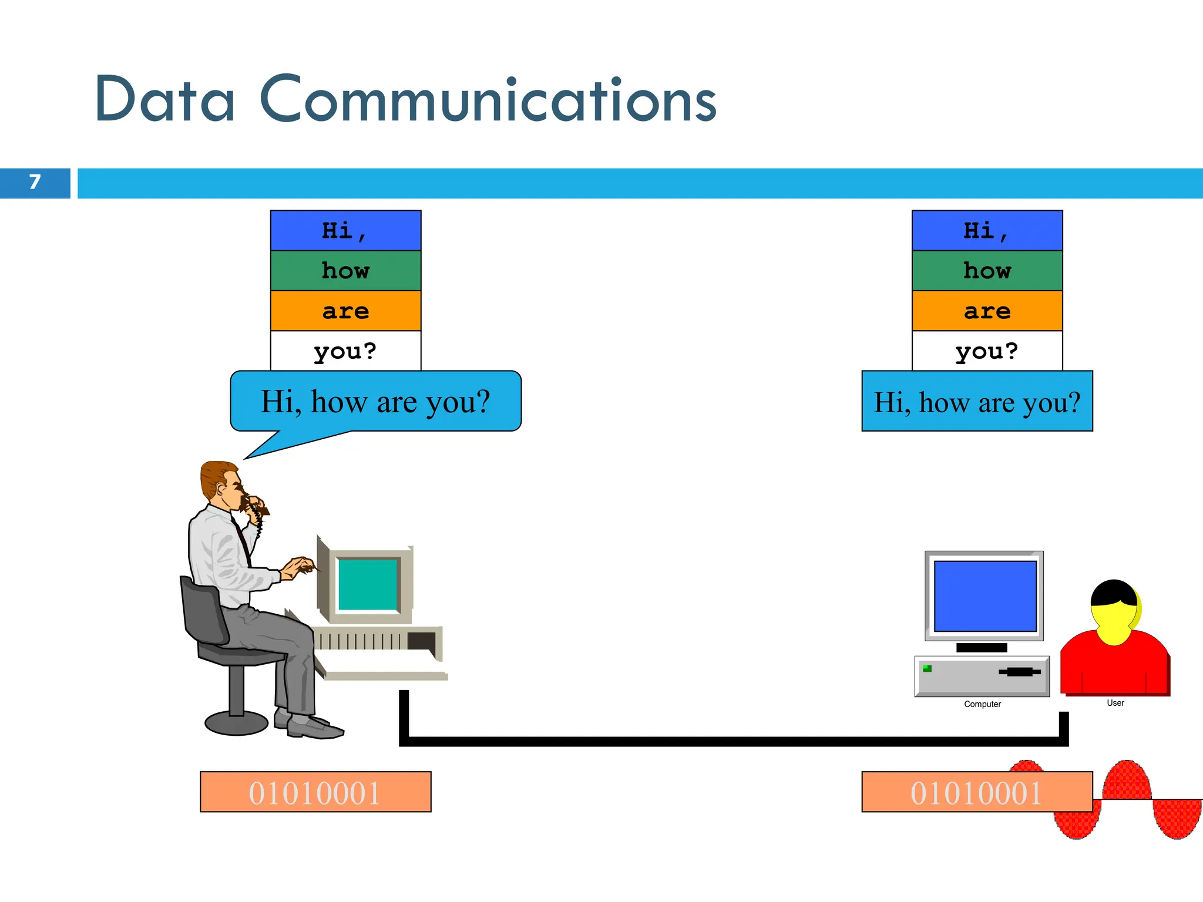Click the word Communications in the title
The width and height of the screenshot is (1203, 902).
click(x=488, y=100)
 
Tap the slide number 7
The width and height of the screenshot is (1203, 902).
click(x=35, y=183)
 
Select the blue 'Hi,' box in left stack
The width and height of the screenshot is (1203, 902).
click(x=345, y=231)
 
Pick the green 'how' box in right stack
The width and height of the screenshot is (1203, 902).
click(x=987, y=271)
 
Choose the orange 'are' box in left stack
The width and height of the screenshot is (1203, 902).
click(x=345, y=311)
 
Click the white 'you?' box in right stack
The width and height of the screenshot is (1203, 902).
click(x=987, y=351)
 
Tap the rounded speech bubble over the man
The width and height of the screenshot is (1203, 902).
click(x=376, y=402)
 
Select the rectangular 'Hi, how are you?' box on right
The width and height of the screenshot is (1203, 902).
click(x=977, y=402)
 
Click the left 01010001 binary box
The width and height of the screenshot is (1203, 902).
click(x=315, y=792)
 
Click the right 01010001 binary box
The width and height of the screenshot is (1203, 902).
click(x=977, y=792)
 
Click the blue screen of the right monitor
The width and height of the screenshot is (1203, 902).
click(x=984, y=596)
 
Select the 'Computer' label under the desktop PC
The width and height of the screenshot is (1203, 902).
click(x=982, y=704)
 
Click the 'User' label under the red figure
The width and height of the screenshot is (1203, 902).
click(x=1115, y=703)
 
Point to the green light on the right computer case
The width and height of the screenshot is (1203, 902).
click(x=928, y=668)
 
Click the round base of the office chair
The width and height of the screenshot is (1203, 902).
click(x=236, y=723)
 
